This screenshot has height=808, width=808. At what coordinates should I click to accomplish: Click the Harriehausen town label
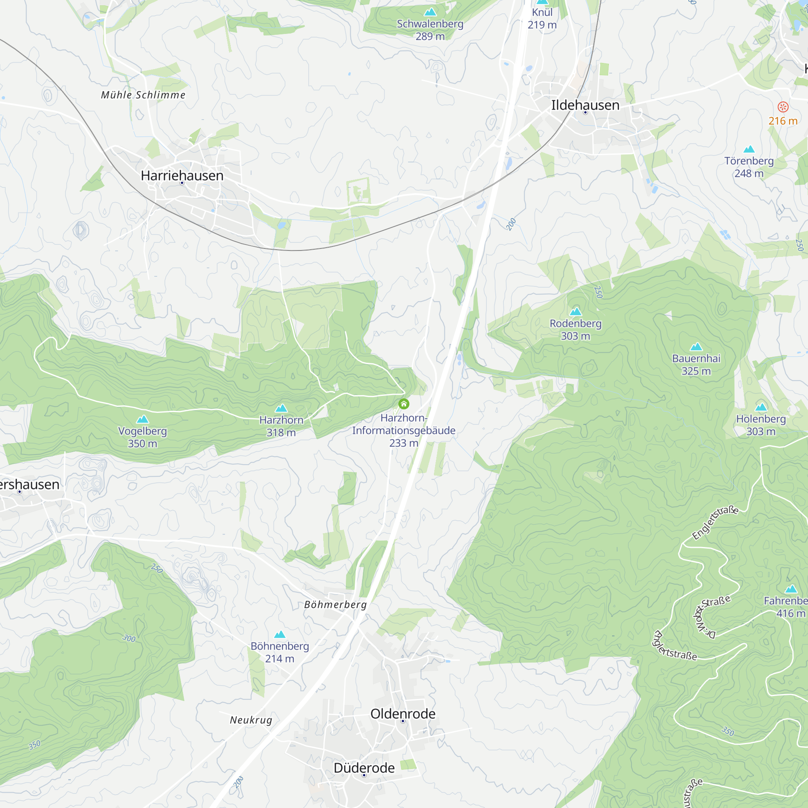tap(182, 175)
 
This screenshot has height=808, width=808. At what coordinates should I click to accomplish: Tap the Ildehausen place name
tap(585, 105)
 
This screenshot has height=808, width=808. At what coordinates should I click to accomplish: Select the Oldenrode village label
tap(403, 713)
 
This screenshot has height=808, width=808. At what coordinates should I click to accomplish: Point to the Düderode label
tap(364, 768)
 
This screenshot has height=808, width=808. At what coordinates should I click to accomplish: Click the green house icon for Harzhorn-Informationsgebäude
tap(404, 404)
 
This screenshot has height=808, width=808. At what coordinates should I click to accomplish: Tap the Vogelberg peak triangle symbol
tap(143, 419)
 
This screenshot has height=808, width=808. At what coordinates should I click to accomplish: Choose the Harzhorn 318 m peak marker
tap(281, 408)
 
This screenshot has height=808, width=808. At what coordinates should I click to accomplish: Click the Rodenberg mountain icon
tap(575, 311)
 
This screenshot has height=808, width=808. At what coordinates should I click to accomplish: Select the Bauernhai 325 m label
tap(696, 364)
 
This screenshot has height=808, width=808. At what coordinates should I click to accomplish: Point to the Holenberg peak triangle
tap(761, 407)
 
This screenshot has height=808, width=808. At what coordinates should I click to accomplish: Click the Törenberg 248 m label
tap(749, 167)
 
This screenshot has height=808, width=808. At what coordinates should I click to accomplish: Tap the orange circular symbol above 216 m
tap(783, 107)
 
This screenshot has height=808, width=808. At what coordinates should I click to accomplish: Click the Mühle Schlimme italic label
tap(143, 95)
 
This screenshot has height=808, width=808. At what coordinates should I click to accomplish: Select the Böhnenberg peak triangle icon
tap(280, 634)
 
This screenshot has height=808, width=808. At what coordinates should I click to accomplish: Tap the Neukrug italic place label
tap(251, 720)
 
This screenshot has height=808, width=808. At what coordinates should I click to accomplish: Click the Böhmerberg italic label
tap(335, 604)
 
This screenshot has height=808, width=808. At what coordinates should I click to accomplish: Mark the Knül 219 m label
tap(542, 19)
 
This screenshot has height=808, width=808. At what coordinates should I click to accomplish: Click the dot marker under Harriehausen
tap(182, 183)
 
